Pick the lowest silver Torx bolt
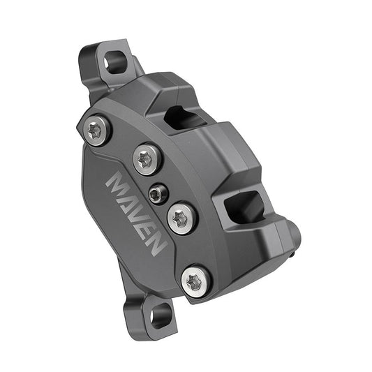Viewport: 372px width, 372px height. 195,281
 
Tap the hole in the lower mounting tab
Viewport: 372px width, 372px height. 158,317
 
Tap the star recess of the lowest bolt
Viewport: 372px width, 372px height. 195,281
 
